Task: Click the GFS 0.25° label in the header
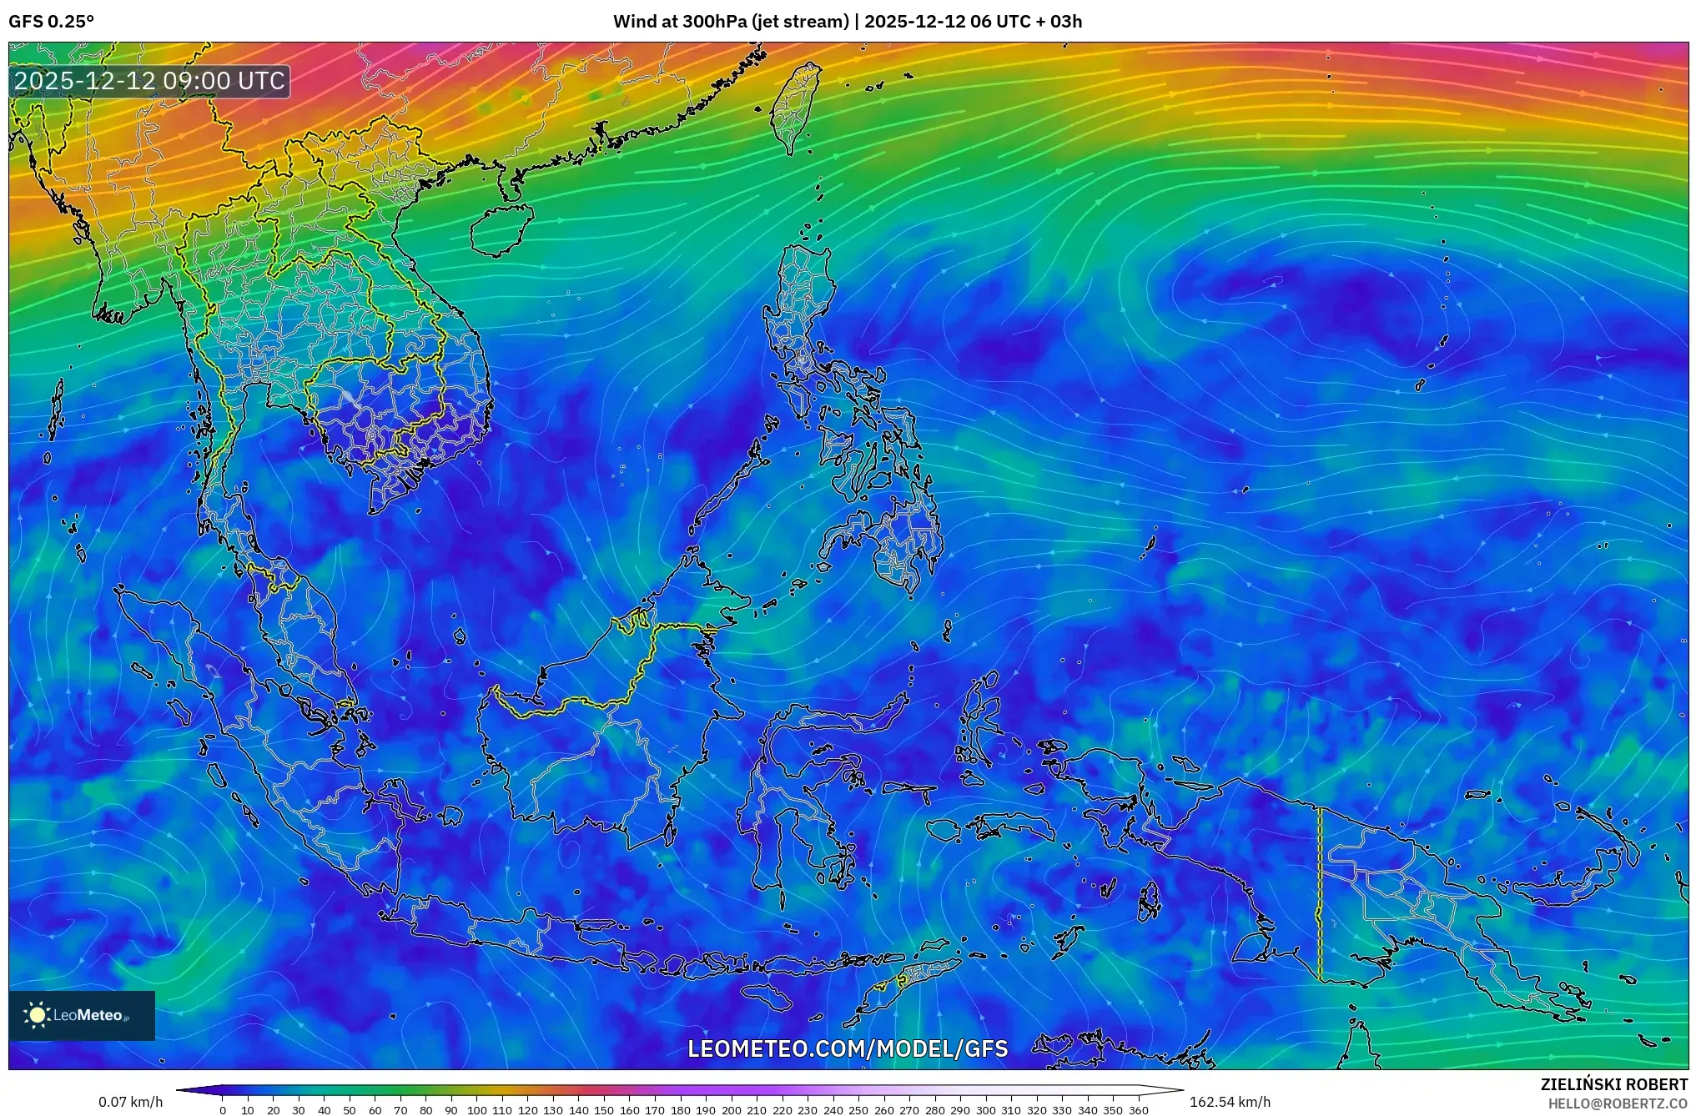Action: click(51, 22)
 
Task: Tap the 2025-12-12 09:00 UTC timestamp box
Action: click(150, 81)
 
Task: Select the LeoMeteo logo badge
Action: click(82, 1015)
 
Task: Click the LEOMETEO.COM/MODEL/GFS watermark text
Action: click(848, 1048)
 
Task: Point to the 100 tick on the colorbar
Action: click(476, 1110)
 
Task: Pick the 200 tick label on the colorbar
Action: click(731, 1110)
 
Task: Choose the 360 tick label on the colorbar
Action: click(1138, 1110)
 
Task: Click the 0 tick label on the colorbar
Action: click(222, 1110)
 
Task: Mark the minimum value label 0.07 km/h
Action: click(130, 1102)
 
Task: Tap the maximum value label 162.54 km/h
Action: click(1230, 1102)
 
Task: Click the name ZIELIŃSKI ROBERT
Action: click(1613, 1084)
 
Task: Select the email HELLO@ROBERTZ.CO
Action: click(1618, 1103)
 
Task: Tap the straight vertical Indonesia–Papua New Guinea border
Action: click(1320, 892)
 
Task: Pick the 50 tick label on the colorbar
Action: click(349, 1110)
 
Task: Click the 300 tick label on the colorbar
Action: click(985, 1110)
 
